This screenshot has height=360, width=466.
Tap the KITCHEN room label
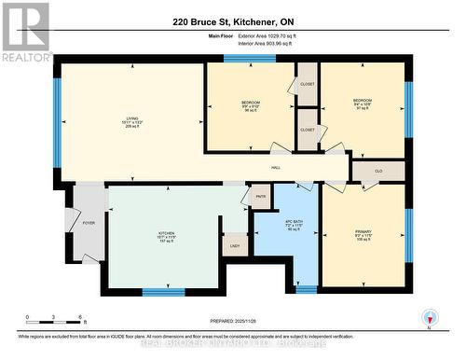167,233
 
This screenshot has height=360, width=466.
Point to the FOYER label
89,223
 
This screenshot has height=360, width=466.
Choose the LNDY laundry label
235,245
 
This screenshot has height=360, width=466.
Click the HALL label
276,167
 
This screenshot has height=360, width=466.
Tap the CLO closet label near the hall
378,171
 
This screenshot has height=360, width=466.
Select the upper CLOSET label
307,86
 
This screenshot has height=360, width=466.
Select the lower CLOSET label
307,130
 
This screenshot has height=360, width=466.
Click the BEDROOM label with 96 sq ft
251,102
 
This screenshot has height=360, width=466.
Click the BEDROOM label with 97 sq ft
363,101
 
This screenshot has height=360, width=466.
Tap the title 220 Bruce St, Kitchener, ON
232,21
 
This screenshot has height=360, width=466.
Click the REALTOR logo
25,32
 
